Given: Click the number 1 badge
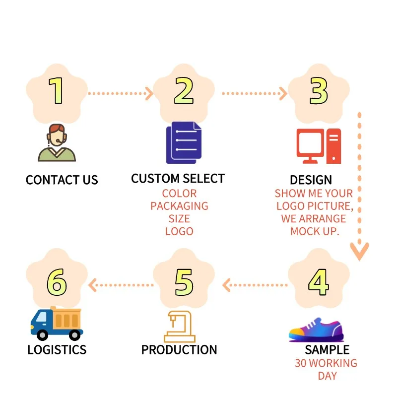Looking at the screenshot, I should [57, 92].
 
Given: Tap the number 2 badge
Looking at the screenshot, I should [184, 92].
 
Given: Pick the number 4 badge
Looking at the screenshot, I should [318, 281].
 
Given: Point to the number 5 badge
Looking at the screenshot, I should [184, 281].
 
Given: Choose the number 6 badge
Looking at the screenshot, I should [57, 281].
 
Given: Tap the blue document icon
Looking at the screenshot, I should [184, 142].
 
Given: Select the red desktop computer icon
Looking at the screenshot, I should [319, 146].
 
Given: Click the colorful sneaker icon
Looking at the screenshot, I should [315, 329].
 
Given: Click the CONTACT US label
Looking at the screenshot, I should [62, 180].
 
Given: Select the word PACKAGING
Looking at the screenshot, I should [179, 206].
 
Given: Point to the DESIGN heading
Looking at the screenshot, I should [311, 180].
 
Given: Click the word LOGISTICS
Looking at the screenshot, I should [57, 350].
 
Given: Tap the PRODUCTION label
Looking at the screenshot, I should [179, 350].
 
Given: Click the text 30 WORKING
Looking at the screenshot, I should [326, 363].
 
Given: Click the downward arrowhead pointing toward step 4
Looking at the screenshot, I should [359, 251].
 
